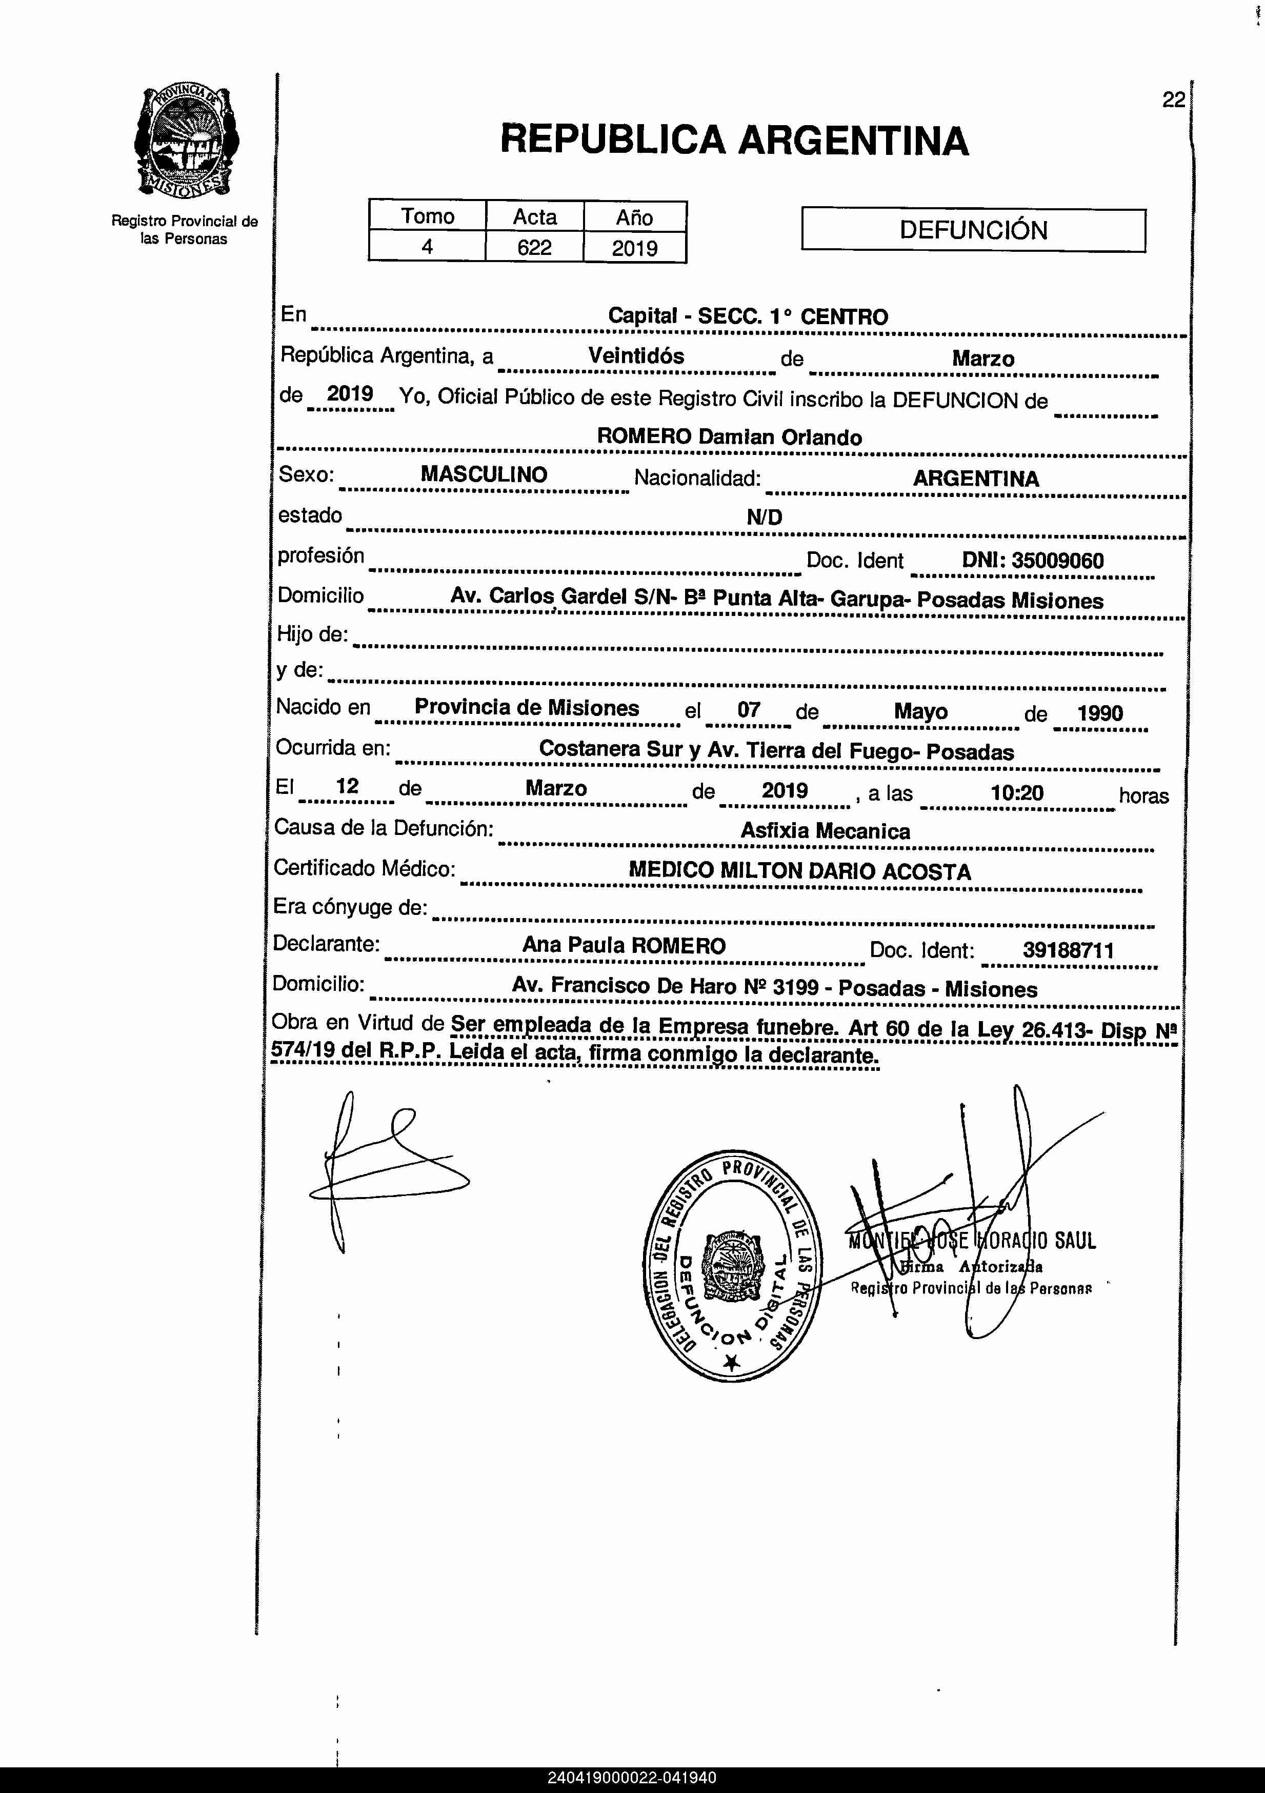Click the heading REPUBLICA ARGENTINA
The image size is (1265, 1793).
pyautogui.click(x=734, y=141)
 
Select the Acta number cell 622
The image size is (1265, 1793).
pyautogui.click(x=534, y=248)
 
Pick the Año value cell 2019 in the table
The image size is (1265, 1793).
pyautogui.click(x=634, y=248)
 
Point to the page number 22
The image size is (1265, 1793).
pyautogui.click(x=1173, y=100)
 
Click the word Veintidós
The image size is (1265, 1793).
pyautogui.click(x=636, y=356)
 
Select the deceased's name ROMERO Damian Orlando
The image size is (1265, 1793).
pyautogui.click(x=729, y=437)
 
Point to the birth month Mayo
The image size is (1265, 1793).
pyautogui.click(x=920, y=711)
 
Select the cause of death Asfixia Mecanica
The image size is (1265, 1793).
pyautogui.click(x=826, y=831)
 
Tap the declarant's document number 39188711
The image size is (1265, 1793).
pyautogui.click(x=1068, y=950)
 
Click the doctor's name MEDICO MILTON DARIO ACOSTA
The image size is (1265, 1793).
pyautogui.click(x=799, y=871)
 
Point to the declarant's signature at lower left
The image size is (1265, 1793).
pyautogui.click(x=383, y=1169)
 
